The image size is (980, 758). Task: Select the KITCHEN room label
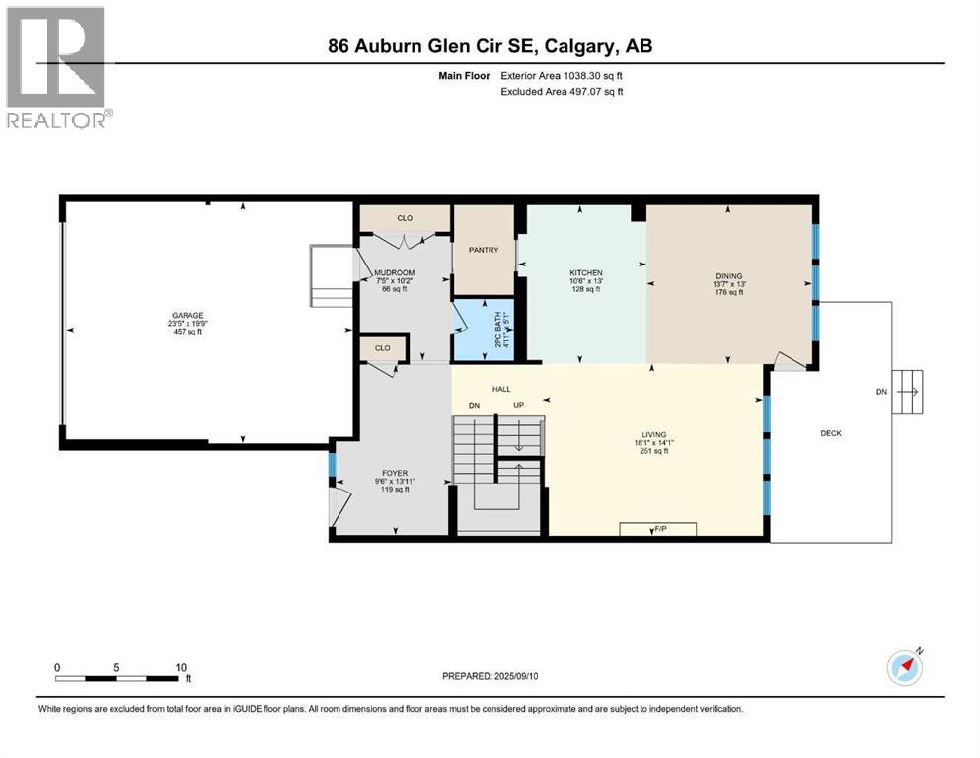point(585,273)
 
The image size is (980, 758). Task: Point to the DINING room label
point(728,276)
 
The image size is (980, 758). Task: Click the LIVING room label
point(654,434)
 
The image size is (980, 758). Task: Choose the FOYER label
point(395,473)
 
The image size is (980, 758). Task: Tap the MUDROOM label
point(400,272)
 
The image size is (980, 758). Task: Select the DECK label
point(831,433)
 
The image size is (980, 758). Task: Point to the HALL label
point(500,389)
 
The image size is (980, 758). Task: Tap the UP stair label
point(517,406)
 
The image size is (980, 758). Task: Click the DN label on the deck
point(881,391)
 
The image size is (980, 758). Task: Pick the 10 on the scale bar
point(181,668)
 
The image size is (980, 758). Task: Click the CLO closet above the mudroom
point(405,218)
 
